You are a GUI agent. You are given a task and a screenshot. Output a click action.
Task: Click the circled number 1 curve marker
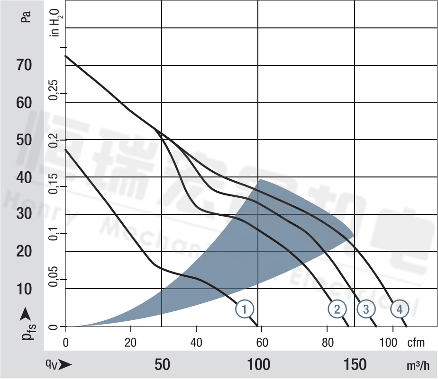[x=245, y=309]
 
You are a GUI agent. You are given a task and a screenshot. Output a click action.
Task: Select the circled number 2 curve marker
[x=337, y=309]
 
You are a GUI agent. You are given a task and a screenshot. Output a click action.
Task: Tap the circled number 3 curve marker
[x=365, y=309]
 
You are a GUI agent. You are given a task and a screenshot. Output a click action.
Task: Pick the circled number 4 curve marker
[x=400, y=309]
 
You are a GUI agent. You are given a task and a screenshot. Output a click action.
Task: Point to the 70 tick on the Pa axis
[x=24, y=65]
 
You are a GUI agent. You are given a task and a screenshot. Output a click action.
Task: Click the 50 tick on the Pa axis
[x=24, y=140]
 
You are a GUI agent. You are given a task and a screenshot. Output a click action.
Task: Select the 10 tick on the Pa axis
[x=24, y=289]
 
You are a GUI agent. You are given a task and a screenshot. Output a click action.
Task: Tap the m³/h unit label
[x=418, y=365]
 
